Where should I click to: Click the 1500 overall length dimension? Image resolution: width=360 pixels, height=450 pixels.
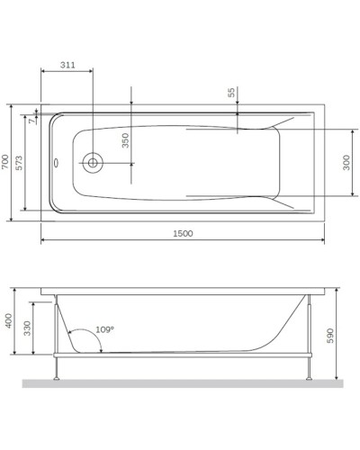tap(183, 233)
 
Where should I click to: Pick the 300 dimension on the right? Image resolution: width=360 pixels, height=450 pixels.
tap(347, 162)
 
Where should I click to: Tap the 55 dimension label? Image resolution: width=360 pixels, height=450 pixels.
tap(231, 93)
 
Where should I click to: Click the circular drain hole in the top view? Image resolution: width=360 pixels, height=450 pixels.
tap(93, 163)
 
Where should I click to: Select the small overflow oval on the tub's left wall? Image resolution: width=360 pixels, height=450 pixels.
tap(55, 163)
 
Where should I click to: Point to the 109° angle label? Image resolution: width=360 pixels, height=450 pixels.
tap(104, 330)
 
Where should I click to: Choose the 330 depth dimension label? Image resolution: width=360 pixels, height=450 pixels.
tap(28, 328)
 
